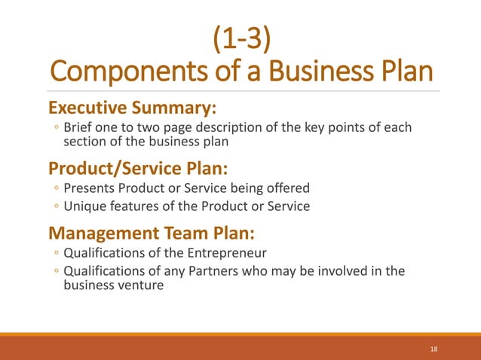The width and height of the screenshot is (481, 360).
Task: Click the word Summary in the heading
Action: coord(182,108)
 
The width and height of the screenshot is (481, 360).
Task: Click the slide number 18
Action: coord(434,349)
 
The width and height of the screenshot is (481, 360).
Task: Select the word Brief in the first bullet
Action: coord(80,127)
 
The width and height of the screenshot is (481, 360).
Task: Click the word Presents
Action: coord(90,188)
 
